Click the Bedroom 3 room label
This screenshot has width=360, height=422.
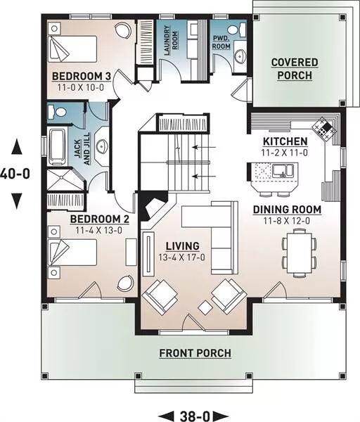(82, 76)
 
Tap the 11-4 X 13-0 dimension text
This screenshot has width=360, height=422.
(98, 231)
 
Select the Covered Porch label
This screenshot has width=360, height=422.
(295, 69)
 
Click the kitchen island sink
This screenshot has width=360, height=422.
(283, 171)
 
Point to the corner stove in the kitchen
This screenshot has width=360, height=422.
(324, 129)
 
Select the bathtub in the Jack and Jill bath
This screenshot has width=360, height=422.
(56, 146)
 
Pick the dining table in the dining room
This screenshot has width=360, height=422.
(299, 252)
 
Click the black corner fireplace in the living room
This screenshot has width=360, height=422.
(153, 205)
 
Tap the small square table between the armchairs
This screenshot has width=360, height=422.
(205, 307)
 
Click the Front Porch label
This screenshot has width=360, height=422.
(195, 353)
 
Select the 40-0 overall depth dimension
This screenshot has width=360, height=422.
(15, 174)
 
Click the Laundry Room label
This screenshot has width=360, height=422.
(171, 41)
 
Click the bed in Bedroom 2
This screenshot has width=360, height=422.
(72, 252)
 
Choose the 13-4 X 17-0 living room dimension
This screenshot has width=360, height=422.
(181, 257)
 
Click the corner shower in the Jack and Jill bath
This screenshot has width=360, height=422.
(64, 179)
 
